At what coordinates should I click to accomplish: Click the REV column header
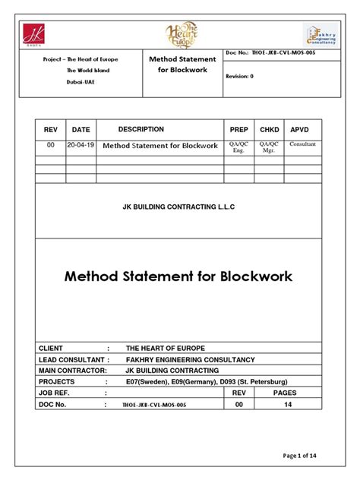[x=51, y=130]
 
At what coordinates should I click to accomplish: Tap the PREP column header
[x=238, y=130]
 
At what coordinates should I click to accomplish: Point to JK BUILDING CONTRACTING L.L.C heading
[x=180, y=206]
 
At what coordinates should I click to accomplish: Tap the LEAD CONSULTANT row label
[x=73, y=359]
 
